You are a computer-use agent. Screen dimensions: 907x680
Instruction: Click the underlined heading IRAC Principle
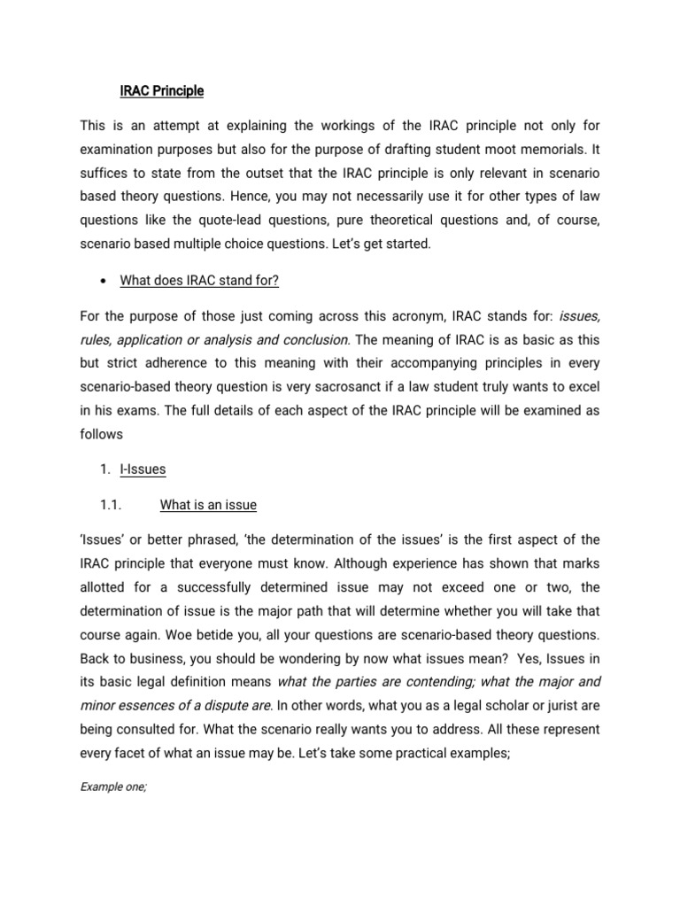(162, 90)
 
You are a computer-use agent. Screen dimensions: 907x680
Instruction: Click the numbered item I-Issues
(143, 469)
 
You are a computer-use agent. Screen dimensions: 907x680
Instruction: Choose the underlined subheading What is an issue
(208, 505)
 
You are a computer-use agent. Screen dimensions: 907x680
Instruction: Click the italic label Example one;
(112, 786)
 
